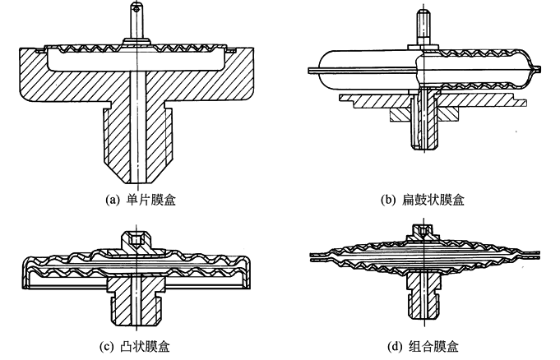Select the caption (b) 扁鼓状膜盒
pos(423,198)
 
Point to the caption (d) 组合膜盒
pos(423,345)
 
